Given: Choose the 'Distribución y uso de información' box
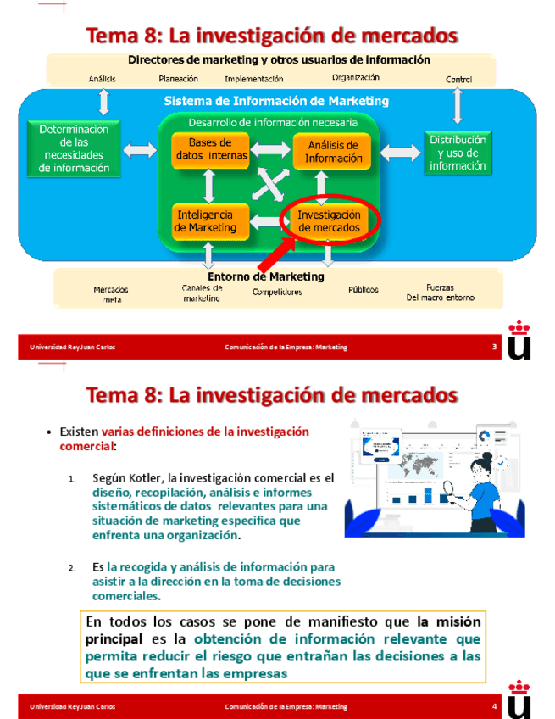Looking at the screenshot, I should point(458,153).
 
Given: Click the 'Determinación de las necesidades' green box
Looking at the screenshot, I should point(75,148).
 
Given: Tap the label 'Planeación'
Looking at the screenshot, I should point(179,79).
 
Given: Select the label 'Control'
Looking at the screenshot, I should point(458,80).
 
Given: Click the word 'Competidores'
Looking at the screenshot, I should point(277,293).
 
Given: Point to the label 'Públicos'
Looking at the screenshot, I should point(364,289).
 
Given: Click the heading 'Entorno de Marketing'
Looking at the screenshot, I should point(266,276).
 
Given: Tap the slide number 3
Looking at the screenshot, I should point(495,348).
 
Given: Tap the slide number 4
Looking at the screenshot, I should point(495,707).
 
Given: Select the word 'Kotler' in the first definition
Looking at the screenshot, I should point(149,478).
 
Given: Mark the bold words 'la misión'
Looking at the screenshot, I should point(448,621).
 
